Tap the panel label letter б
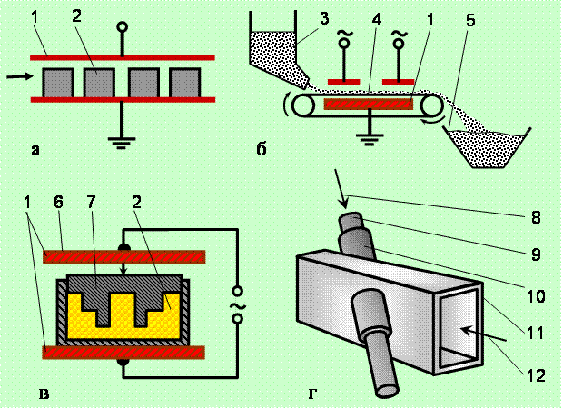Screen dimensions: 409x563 coord(262,151)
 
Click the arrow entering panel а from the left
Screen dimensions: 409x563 coord(16,78)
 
